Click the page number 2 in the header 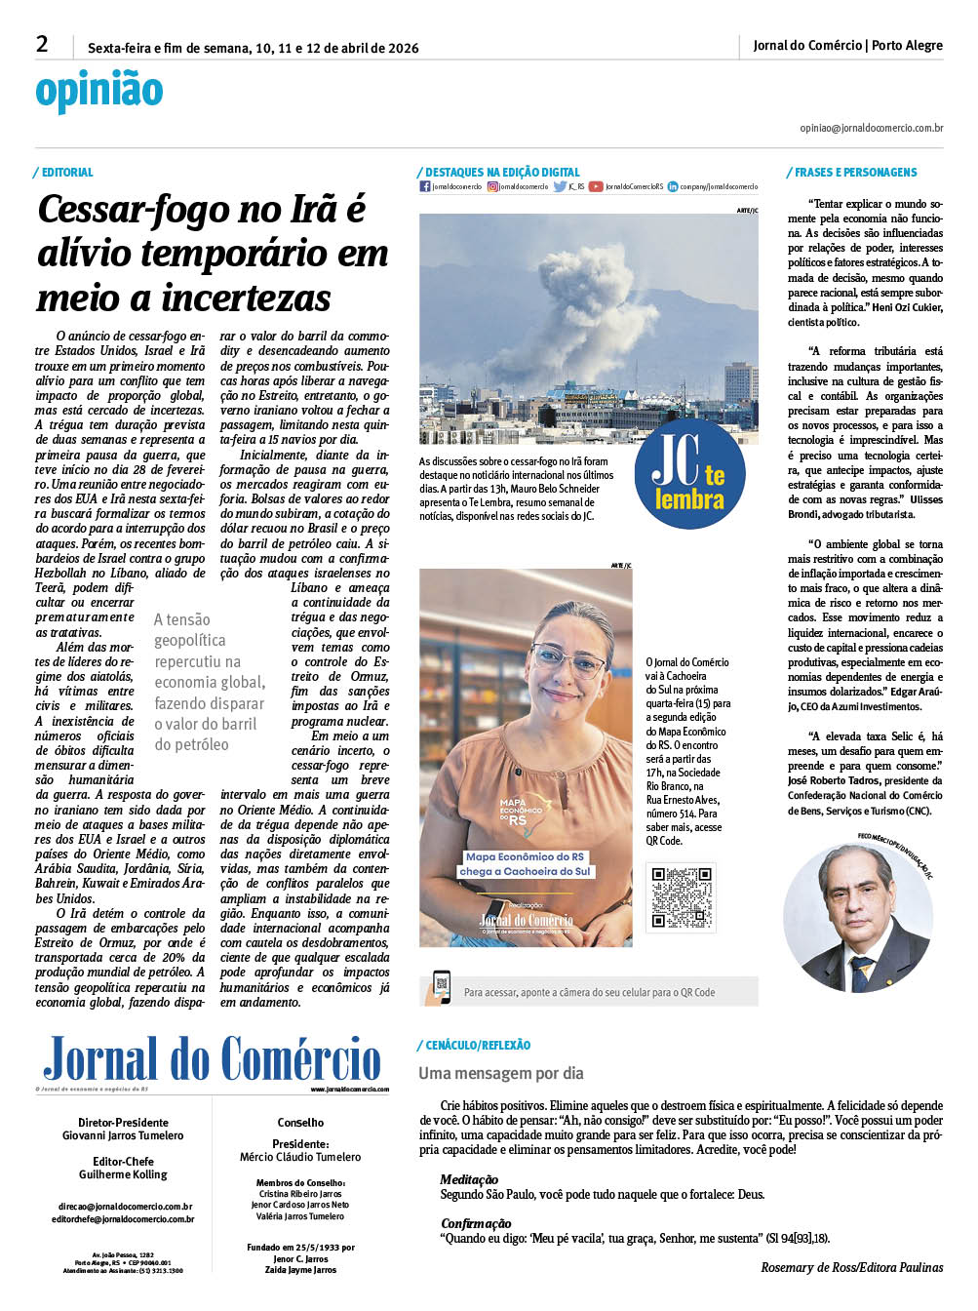pos(42,44)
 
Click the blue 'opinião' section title pos(99,90)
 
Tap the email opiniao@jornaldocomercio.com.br pos(871,128)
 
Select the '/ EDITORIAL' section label pos(64,173)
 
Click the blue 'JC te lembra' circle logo pos(689,473)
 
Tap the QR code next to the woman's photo pos(681,895)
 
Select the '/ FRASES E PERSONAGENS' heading pos(852,173)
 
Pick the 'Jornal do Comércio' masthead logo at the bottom pos(213,1059)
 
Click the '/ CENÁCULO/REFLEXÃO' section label pos(474,1046)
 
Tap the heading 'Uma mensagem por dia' pos(501,1073)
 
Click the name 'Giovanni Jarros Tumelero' pos(123,1135)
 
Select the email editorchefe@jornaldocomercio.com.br pos(123,1219)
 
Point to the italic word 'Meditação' pos(469,1179)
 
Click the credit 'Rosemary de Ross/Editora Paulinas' pos(851,1268)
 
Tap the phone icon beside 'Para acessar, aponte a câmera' pos(440,987)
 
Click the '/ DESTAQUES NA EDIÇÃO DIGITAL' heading pos(498,173)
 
